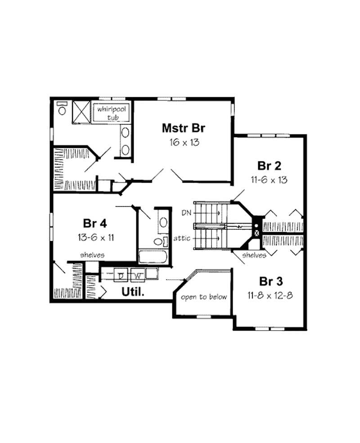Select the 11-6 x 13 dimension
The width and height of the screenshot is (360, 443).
click(x=269, y=179)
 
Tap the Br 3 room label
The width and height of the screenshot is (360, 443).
click(x=271, y=282)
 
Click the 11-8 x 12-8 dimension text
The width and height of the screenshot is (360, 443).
click(x=271, y=295)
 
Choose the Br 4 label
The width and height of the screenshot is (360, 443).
click(x=94, y=224)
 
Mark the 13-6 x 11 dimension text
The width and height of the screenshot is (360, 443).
click(x=94, y=237)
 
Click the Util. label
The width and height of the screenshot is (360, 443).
click(x=133, y=292)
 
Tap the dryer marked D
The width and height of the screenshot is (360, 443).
click(x=121, y=274)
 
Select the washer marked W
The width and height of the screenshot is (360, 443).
click(x=138, y=274)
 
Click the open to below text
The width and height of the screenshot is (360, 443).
click(x=204, y=297)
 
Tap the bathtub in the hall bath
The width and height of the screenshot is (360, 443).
click(x=153, y=257)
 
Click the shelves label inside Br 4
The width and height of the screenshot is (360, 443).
click(x=92, y=255)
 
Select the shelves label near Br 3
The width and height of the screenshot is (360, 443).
click(x=253, y=255)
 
